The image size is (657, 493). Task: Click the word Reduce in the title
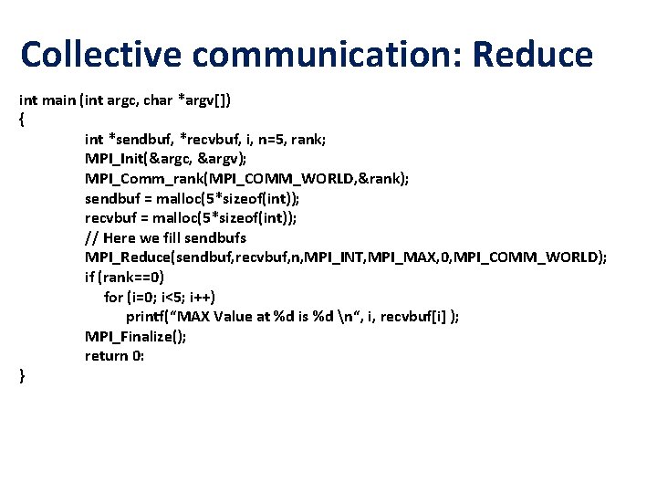(x=533, y=55)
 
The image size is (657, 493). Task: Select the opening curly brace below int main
(x=22, y=119)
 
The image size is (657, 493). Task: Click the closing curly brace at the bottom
(x=22, y=375)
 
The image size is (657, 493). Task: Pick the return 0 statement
(x=115, y=355)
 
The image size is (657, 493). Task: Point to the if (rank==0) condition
(x=124, y=277)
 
